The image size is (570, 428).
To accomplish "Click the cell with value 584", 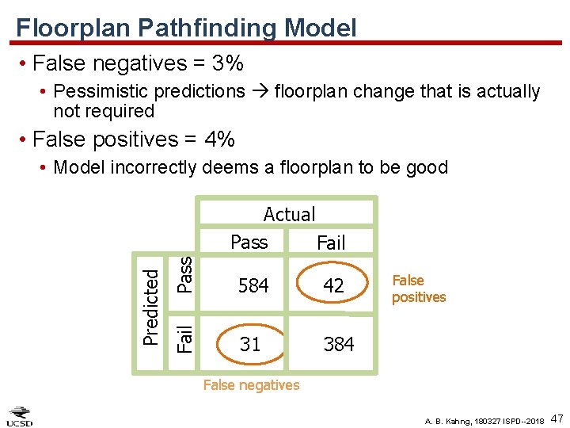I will click(253, 286).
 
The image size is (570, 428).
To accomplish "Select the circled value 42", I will click(334, 286).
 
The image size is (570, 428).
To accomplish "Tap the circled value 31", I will click(250, 344).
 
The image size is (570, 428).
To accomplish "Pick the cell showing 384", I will click(338, 344).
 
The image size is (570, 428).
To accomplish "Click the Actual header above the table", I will click(289, 214).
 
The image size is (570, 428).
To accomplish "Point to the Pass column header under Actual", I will click(249, 243).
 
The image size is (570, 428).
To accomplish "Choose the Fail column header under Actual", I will click(331, 243).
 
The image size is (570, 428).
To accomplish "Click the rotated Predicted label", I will click(150, 306).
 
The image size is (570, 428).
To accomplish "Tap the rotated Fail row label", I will click(184, 338).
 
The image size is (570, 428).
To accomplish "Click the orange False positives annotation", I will click(419, 289).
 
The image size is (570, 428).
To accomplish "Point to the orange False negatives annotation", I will click(252, 385).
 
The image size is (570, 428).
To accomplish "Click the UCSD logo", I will click(20, 416).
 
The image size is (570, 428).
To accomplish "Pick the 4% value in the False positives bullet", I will click(219, 139).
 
